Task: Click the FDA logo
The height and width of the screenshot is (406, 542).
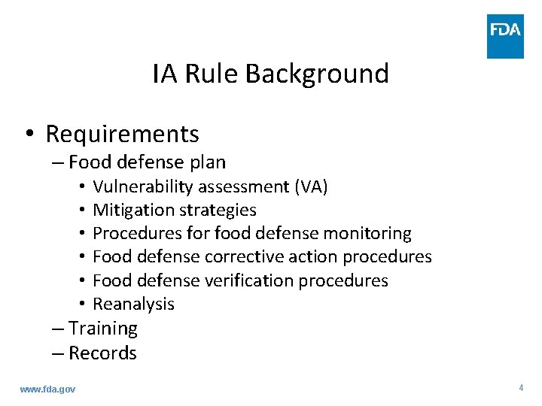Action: pos(505,35)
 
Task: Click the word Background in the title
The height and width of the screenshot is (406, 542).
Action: pos(317,74)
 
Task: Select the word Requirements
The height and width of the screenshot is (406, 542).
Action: pos(122,134)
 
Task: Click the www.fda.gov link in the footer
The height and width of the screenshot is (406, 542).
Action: pos(47,389)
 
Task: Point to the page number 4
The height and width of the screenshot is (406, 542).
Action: pos(521,388)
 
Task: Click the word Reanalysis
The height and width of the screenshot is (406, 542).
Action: pos(133,304)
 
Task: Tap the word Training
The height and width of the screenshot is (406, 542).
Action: pos(103,329)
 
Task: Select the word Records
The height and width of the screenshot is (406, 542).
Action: pos(103,353)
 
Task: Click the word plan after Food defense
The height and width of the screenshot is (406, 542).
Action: pos(208,162)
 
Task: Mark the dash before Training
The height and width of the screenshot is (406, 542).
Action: pos(59,329)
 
